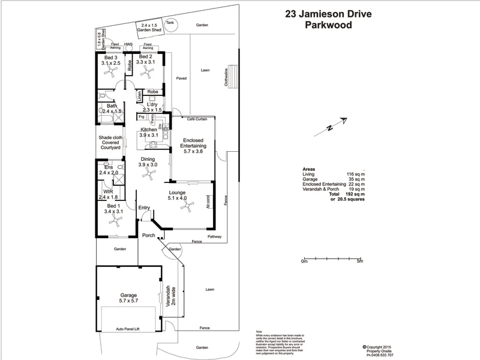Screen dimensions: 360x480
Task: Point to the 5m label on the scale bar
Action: [359, 261]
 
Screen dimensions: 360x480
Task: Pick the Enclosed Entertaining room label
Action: [194, 146]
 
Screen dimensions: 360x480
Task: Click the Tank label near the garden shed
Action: [170, 22]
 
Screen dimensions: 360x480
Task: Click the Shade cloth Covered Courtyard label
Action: [110, 144]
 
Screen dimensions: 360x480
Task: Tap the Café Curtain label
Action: [197, 119]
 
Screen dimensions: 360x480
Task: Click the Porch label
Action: [148, 235]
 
